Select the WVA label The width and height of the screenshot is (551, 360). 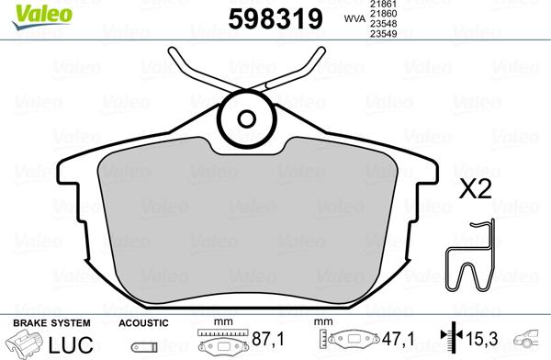click(352, 17)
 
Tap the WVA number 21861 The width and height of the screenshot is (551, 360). click(383, 6)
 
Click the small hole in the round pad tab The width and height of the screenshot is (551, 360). click(248, 118)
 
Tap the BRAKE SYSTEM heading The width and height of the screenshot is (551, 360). click(51, 323)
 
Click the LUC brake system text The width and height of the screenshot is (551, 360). click(70, 345)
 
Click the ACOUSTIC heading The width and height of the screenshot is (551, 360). click(144, 323)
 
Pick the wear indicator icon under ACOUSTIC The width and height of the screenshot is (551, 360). click(142, 347)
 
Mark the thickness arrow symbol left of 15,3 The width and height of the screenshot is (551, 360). click(449, 341)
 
